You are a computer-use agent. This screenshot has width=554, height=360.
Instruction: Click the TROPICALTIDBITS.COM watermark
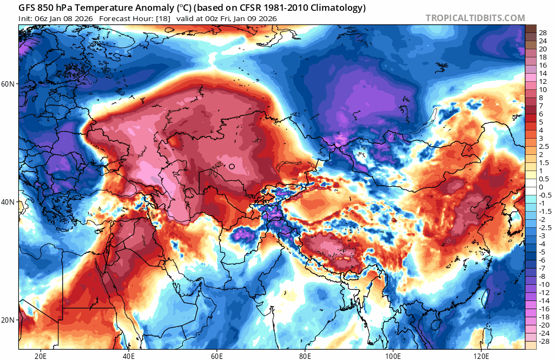pos(475,18)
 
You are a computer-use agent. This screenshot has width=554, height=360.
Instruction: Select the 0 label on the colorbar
pos(540,187)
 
